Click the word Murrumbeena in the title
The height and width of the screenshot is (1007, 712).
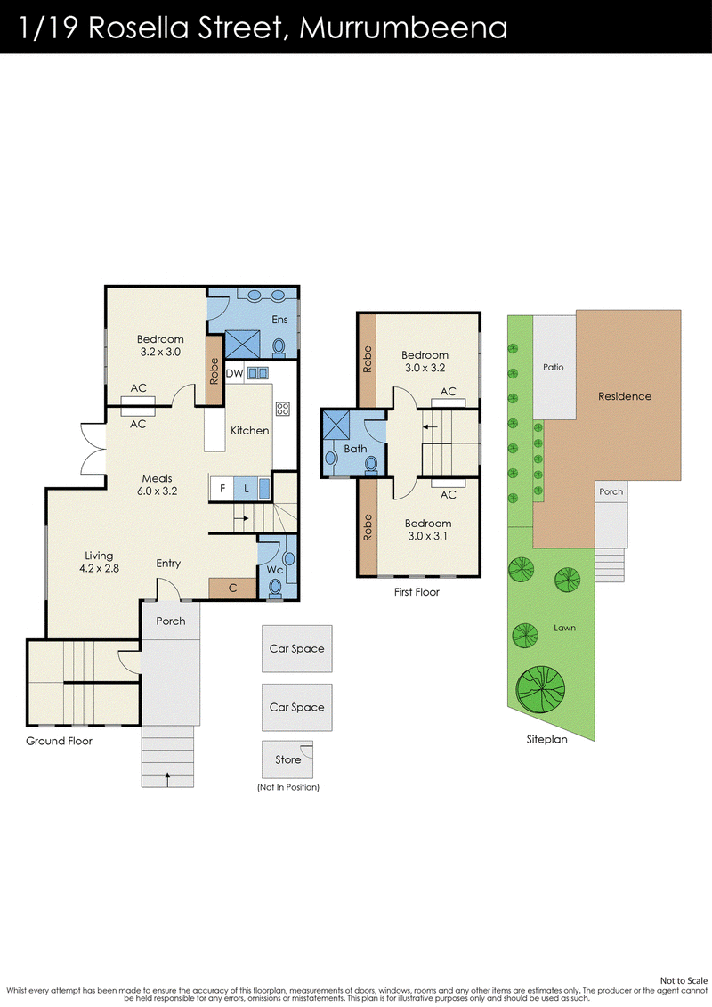click(403, 28)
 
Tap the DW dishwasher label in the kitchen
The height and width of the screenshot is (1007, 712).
click(234, 373)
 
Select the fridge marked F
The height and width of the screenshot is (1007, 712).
click(222, 488)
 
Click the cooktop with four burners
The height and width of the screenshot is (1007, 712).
click(282, 408)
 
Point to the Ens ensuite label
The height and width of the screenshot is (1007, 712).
click(279, 319)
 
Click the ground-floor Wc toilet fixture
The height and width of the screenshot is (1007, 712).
click(275, 588)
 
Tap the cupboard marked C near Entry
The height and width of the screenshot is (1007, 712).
click(232, 588)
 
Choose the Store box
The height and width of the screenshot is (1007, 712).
click(287, 759)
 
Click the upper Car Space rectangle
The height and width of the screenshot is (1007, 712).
click(296, 649)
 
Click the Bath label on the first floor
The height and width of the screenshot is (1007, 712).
click(355, 449)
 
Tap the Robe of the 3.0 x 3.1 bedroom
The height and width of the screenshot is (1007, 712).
click(368, 527)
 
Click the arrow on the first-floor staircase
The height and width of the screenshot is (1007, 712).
click(430, 427)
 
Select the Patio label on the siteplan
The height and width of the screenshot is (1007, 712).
click(554, 368)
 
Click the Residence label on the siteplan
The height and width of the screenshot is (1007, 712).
click(625, 396)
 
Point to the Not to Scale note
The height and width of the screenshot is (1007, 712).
click(684, 980)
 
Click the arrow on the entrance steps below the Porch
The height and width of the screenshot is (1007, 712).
click(167, 778)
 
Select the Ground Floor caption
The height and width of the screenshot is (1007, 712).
click(59, 741)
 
